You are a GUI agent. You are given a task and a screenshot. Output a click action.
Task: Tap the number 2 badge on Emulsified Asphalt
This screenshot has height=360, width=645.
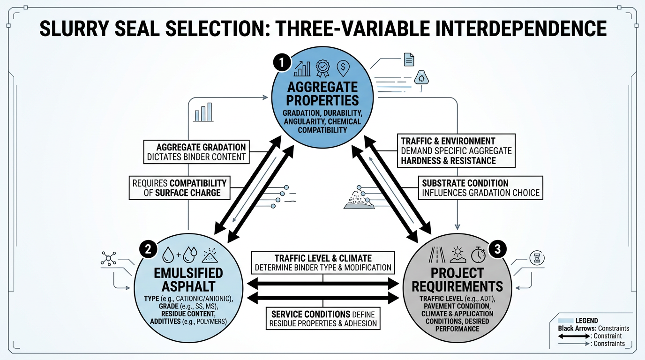click(x=147, y=249)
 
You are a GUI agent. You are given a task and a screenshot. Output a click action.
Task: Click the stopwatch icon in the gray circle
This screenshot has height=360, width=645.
click(x=478, y=255)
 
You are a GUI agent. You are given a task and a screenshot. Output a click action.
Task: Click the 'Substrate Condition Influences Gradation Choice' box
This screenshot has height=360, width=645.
click(x=480, y=187)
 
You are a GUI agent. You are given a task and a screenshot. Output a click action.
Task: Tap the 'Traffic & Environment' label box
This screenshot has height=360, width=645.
click(x=455, y=150)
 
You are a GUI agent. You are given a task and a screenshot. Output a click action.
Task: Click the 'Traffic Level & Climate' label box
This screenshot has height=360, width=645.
click(x=323, y=263)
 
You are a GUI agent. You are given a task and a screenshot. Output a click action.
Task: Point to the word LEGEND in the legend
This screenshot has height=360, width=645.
click(x=586, y=321)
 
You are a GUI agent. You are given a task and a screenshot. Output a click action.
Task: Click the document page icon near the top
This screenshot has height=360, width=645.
click(x=408, y=60)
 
